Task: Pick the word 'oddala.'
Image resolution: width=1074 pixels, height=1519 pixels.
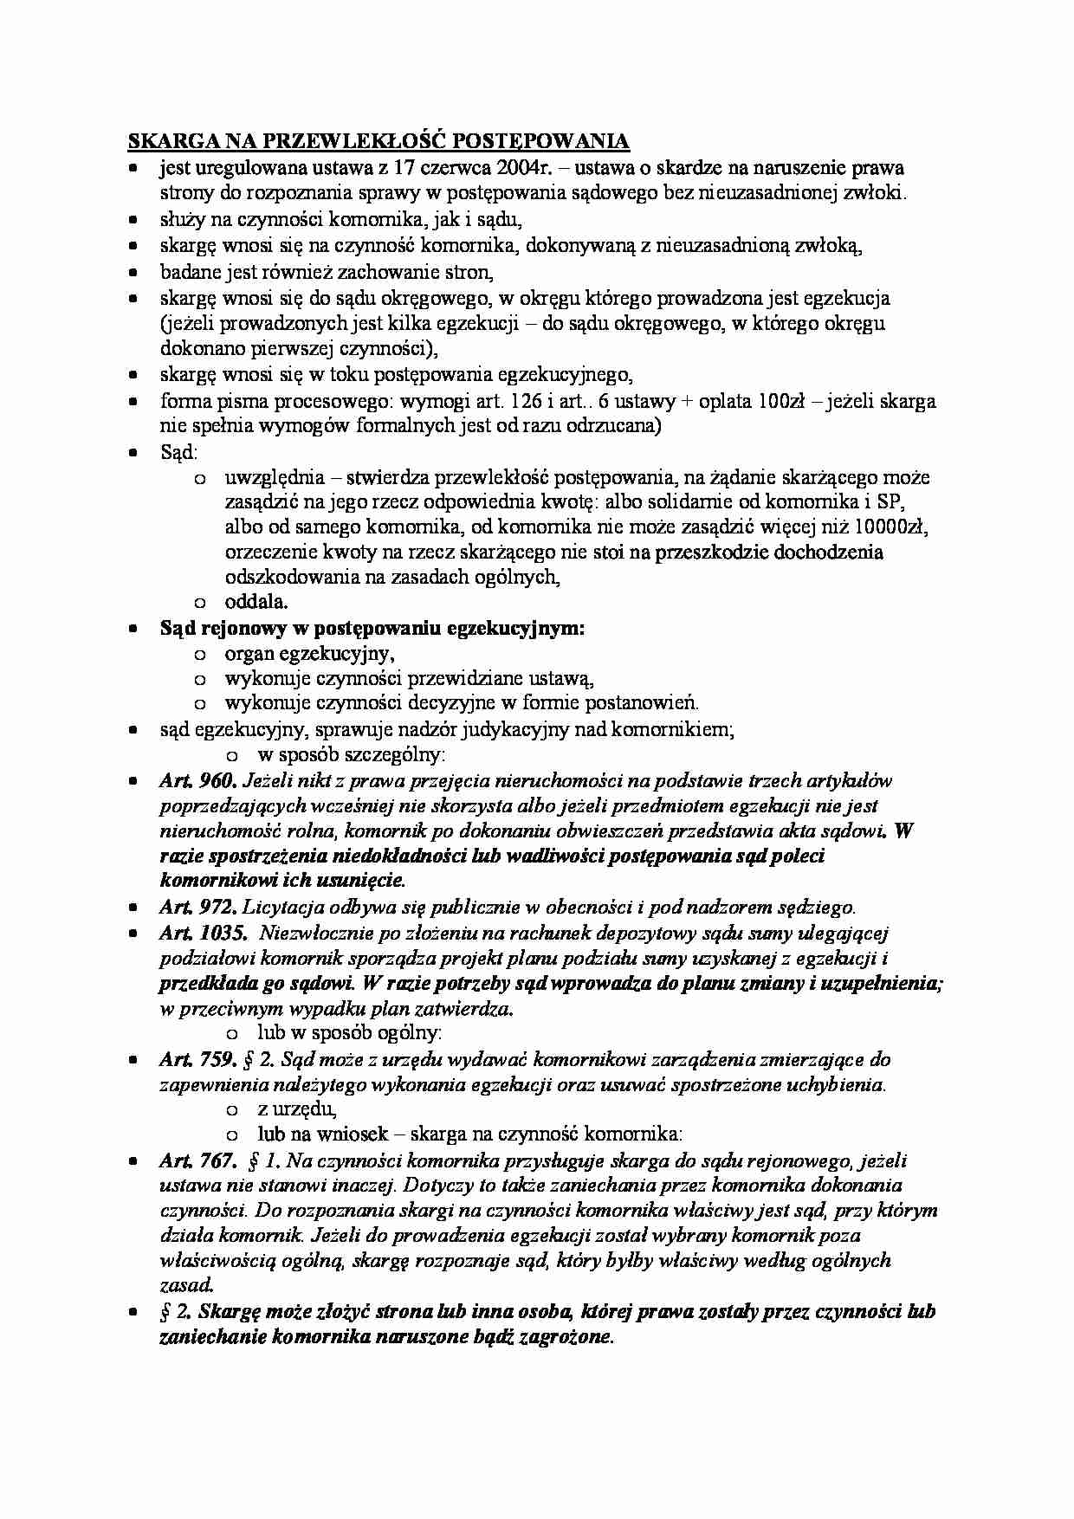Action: click(256, 602)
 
